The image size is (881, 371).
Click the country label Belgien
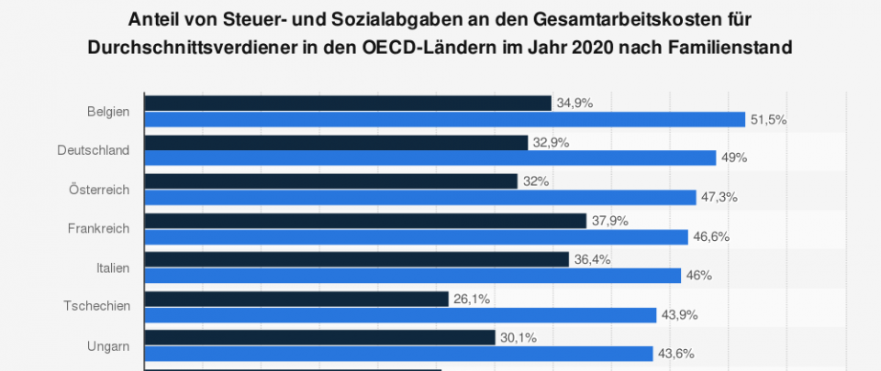(x=108, y=112)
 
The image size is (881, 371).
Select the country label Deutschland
(x=93, y=150)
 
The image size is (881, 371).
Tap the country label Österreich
(x=99, y=190)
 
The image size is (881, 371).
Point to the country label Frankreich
(x=98, y=228)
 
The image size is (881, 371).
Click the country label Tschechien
(x=96, y=306)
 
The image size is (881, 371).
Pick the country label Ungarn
(x=108, y=345)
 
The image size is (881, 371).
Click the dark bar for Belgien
(x=348, y=104)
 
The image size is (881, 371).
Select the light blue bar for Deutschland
(x=430, y=158)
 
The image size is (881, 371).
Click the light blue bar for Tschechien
(x=401, y=315)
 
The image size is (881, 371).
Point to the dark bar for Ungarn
(x=320, y=338)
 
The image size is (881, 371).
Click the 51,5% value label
(x=769, y=120)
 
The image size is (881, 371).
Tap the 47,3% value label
(x=720, y=198)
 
